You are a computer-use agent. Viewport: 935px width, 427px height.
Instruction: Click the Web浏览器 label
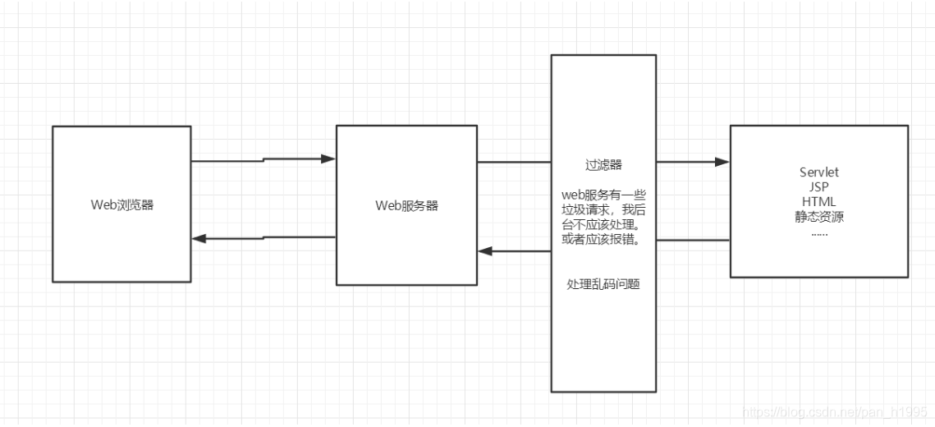[122, 205]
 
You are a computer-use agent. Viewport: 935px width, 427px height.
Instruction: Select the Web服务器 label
[407, 205]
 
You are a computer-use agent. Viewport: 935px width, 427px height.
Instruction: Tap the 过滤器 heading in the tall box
[603, 165]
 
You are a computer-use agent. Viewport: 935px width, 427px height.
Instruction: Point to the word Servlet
[819, 172]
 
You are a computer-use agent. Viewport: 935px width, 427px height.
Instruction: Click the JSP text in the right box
[819, 186]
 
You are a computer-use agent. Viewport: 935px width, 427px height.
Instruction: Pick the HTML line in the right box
[819, 202]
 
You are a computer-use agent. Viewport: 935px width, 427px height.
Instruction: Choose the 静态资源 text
[819, 218]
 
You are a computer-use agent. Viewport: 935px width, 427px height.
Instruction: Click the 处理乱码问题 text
[603, 283]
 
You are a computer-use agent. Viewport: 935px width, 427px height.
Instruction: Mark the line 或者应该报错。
[603, 238]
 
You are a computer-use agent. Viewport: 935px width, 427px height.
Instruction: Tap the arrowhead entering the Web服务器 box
[329, 158]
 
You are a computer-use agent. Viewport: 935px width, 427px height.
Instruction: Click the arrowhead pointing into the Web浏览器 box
[198, 238]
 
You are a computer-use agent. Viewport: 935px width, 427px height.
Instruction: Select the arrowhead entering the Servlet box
[722, 162]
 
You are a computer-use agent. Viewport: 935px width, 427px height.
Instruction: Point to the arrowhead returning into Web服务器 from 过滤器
[485, 251]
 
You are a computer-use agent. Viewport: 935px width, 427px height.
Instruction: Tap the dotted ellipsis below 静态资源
[819, 232]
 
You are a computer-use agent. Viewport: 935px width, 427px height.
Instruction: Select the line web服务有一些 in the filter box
[603, 194]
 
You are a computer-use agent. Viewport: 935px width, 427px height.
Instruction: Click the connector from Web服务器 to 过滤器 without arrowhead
[514, 162]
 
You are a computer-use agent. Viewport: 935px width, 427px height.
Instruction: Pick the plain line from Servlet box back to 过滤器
[693, 240]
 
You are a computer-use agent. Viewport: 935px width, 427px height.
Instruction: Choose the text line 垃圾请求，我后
[603, 209]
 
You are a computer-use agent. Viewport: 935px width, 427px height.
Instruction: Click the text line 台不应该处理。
[603, 223]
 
